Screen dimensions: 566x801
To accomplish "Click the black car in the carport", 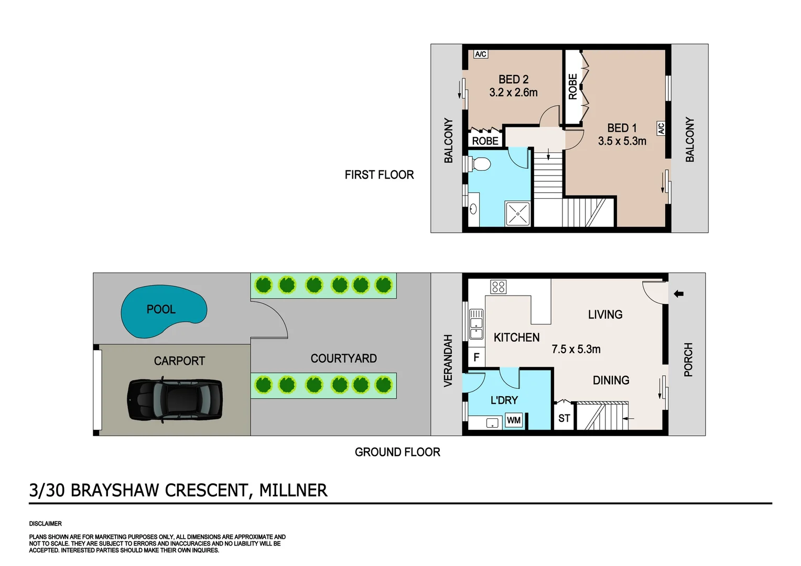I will tap(175, 400).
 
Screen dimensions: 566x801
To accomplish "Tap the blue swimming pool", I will tap(163, 311).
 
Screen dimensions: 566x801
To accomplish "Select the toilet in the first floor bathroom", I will tap(480, 164).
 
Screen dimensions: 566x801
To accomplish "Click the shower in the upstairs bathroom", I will tap(518, 214).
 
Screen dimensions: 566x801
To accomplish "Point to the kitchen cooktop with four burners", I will tap(498, 287).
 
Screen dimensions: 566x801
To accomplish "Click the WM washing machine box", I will tap(514, 420).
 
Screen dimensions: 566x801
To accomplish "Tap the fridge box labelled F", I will tap(477, 357).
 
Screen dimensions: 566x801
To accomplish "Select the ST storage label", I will tap(564, 418).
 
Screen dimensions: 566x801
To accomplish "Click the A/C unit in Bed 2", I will tap(481, 54).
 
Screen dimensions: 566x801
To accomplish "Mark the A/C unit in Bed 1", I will tap(661, 128).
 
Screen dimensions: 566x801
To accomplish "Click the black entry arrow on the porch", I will tap(679, 294).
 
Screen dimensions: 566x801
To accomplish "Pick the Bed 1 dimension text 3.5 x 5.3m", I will tap(622, 141).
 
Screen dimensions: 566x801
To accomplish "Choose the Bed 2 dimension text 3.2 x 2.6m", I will tap(513, 93).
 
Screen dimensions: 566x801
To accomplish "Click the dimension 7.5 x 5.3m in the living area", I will tap(576, 349).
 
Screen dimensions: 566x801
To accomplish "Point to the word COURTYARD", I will tap(343, 358).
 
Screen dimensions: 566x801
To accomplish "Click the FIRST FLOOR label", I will tap(379, 175).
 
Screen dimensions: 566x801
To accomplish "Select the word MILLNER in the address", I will tap(293, 491).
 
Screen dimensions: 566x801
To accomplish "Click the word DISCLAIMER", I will tap(46, 524).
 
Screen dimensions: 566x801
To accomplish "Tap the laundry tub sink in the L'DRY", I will tap(493, 423).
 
